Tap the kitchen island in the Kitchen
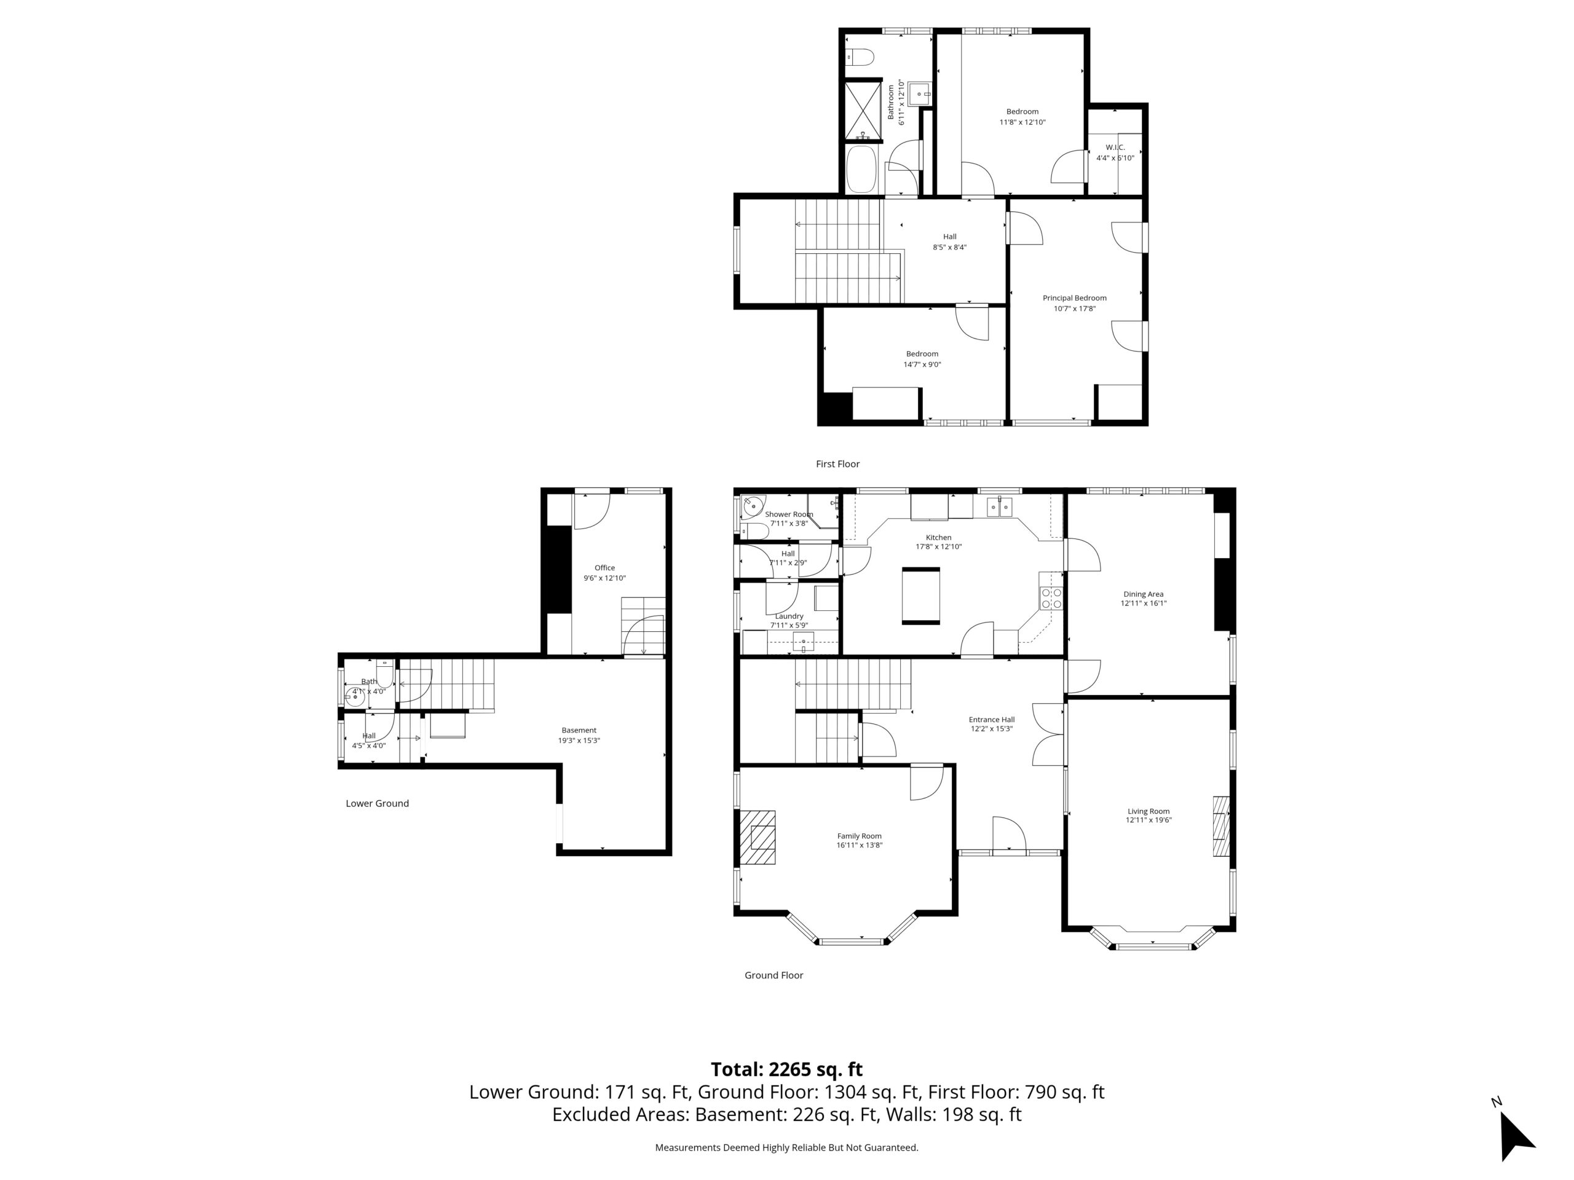pos(921,596)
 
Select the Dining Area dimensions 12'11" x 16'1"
pos(1144,603)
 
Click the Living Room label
pos(1149,811)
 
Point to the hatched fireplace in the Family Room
pos(757,837)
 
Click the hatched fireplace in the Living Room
pos(1221,826)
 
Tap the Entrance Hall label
pos(991,719)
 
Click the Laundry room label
pos(789,616)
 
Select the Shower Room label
pos(788,514)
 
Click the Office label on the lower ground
pos(604,568)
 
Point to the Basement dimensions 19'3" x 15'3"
pos(579,741)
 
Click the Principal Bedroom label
pos(1075,298)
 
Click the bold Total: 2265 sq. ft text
pos(786,1069)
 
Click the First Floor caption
pos(837,464)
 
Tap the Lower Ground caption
pos(377,803)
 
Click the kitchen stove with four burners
pos(1051,597)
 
